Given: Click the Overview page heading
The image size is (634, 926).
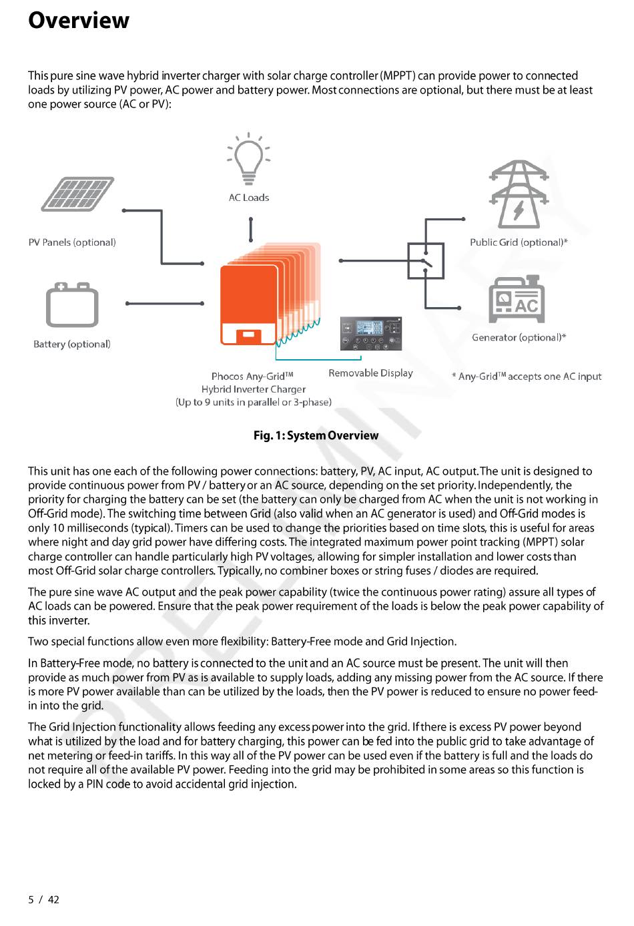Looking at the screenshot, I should [x=79, y=21].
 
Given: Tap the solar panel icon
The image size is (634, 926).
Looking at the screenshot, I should [x=77, y=194].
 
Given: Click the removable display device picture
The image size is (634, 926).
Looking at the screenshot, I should [x=371, y=334].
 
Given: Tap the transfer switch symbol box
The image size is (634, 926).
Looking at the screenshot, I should [x=426, y=261].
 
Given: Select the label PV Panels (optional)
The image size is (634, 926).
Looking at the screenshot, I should [x=72, y=242].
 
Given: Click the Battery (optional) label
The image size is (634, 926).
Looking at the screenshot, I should [x=72, y=344].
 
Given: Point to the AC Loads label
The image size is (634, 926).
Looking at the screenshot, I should [x=249, y=198].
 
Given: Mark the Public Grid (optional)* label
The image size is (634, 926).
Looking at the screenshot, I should [x=519, y=242].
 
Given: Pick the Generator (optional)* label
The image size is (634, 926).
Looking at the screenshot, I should [x=519, y=337].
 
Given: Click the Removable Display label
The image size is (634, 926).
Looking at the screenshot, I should [x=370, y=373].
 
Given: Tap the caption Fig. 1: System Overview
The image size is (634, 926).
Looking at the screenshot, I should [x=316, y=435].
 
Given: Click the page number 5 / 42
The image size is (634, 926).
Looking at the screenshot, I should [x=43, y=899].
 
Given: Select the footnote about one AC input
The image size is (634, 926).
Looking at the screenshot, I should [x=527, y=377].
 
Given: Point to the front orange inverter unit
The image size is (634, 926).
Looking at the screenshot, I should [x=249, y=304].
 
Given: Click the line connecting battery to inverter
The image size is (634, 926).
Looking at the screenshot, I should [x=164, y=303].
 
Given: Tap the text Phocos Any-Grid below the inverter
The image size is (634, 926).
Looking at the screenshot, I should [x=252, y=377].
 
